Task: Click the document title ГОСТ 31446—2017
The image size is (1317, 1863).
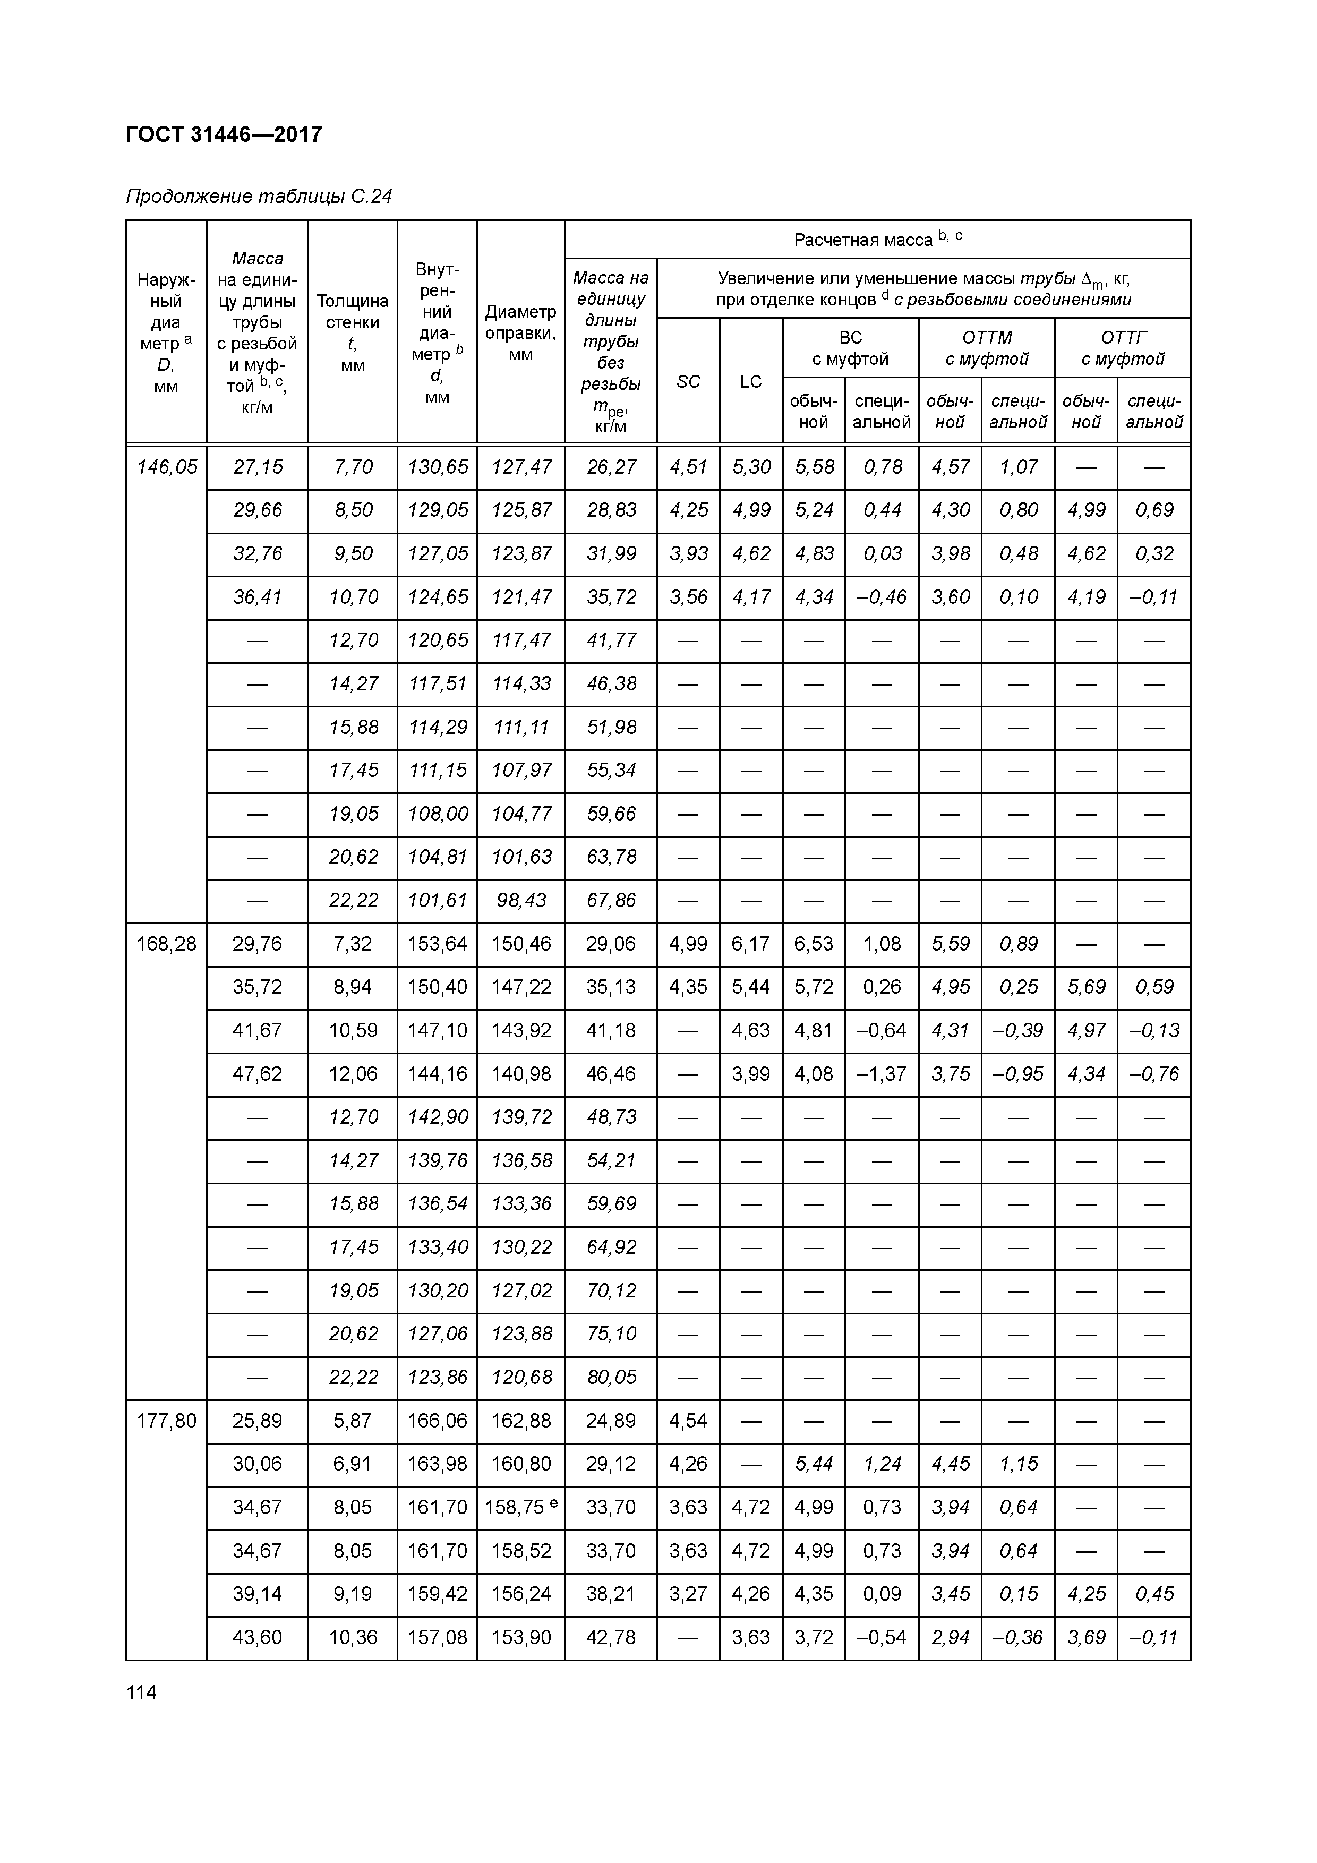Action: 224,134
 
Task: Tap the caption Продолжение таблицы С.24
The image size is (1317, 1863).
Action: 259,196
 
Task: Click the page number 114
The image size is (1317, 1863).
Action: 141,1693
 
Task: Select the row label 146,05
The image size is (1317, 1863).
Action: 166,467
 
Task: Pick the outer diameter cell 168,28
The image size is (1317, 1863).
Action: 166,944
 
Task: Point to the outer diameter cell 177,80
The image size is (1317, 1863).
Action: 166,1421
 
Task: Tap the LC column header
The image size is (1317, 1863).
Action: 750,381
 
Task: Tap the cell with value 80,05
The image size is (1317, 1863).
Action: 611,1377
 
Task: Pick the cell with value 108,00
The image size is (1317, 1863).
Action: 437,813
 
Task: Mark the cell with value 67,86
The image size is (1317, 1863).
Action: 611,900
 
